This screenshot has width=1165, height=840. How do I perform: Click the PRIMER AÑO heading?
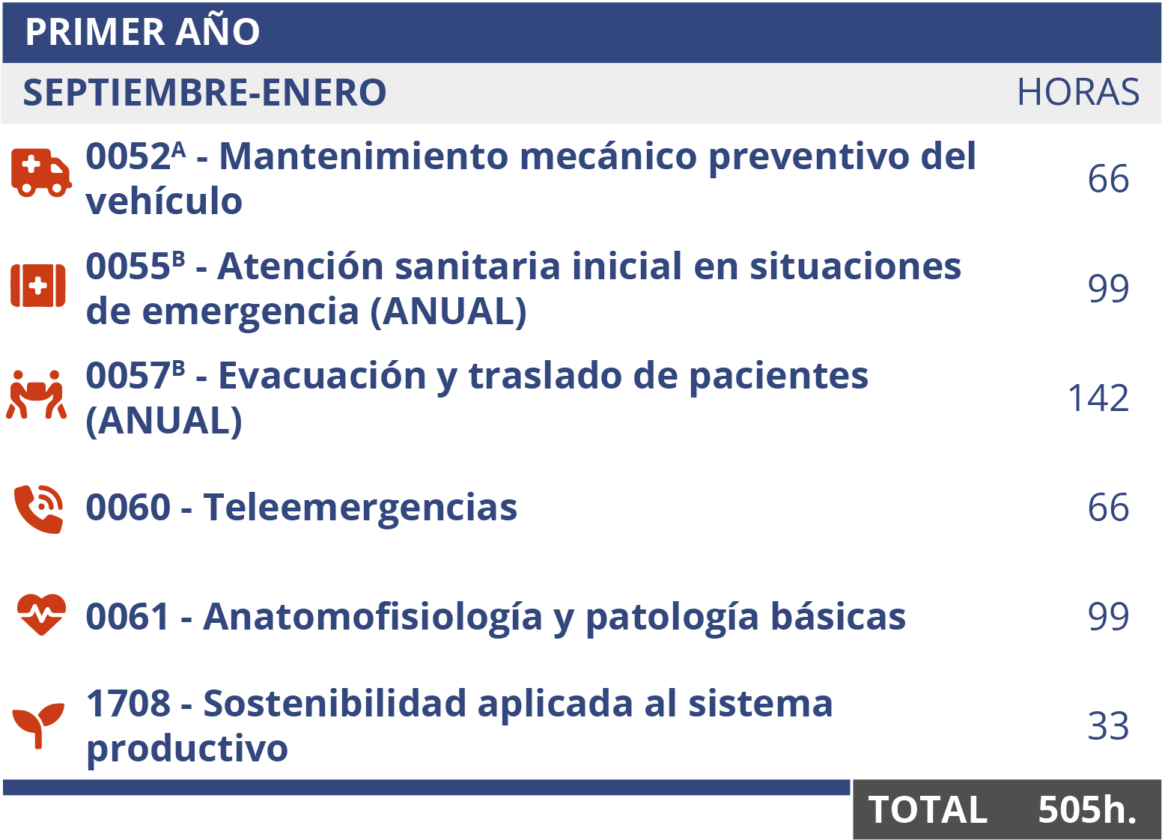point(142,32)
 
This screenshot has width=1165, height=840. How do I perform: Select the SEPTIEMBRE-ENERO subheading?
point(204,93)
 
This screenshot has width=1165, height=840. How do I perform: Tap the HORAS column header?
point(1077,93)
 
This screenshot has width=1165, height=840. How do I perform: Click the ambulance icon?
point(40,173)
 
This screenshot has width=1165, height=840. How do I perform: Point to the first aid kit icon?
point(38,286)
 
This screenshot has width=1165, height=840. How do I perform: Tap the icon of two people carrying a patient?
point(36,395)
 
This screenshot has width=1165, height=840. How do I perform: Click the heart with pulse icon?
point(41,615)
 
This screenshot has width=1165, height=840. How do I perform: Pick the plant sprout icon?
point(38,724)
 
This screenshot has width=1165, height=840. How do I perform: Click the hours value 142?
point(1098,398)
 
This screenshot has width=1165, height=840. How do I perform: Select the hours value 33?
point(1108,726)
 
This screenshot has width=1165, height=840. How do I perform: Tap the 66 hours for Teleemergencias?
point(1108,508)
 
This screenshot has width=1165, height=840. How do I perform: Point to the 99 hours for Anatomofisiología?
point(1108,617)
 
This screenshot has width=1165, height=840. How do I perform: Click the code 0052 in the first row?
point(128,157)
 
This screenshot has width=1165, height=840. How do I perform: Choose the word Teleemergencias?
point(360,508)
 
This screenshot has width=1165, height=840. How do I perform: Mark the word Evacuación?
point(322,376)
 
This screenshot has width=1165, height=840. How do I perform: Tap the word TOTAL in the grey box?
point(928,810)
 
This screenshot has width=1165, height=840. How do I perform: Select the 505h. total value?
point(1087,810)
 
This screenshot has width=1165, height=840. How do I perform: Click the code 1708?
point(128,704)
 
